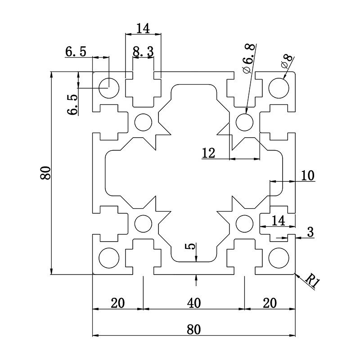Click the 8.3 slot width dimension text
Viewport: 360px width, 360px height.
point(143,52)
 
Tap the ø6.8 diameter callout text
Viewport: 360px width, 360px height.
point(249,58)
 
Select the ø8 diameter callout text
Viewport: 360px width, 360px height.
point(286,61)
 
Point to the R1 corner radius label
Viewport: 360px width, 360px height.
point(312,281)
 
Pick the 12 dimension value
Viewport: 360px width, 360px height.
point(208,153)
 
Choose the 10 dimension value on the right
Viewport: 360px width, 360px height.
point(307,175)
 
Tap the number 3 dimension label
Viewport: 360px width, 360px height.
point(310,232)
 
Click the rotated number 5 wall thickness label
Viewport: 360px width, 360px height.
point(191,247)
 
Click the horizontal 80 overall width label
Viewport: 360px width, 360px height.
point(193,329)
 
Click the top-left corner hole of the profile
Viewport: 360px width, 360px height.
point(108,87)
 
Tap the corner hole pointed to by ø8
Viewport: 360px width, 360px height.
point(279,87)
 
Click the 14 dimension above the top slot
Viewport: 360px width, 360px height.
point(143,29)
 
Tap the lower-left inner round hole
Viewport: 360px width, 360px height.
point(144,223)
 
